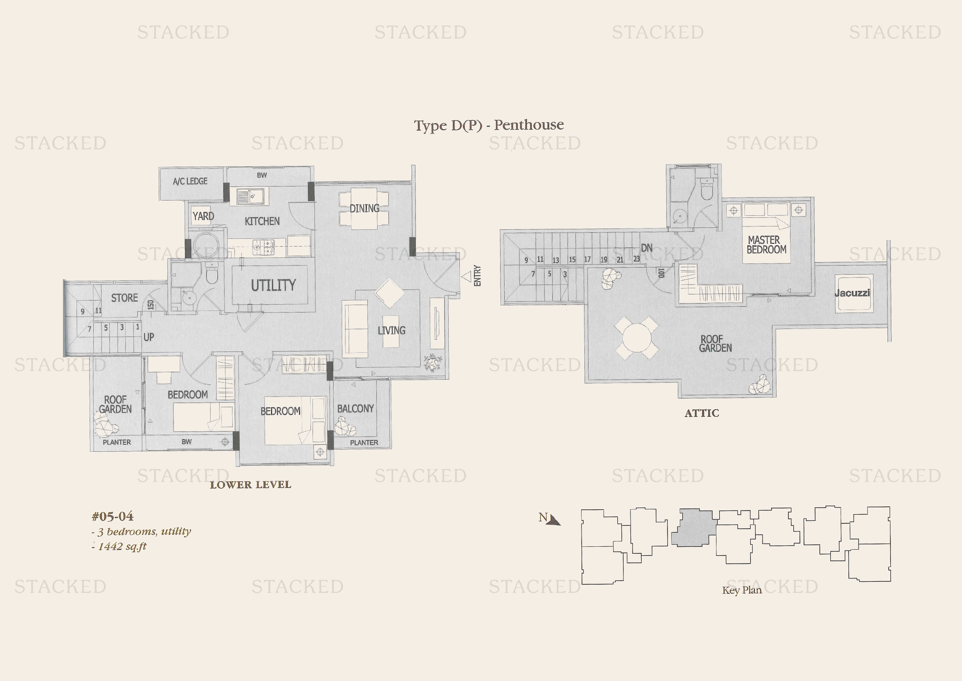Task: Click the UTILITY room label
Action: pyautogui.click(x=273, y=285)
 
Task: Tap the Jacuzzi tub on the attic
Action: pyautogui.click(x=853, y=293)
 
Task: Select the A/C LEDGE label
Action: pyautogui.click(x=190, y=181)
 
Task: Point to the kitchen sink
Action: pyautogui.click(x=250, y=196)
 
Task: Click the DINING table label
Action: pyautogui.click(x=364, y=208)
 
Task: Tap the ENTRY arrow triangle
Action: pyautogui.click(x=466, y=277)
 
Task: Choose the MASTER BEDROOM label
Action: pyautogui.click(x=766, y=245)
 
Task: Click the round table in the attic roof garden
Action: pyautogui.click(x=636, y=338)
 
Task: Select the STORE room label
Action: pyautogui.click(x=125, y=298)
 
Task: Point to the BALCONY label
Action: pyautogui.click(x=355, y=408)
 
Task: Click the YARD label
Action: pyautogui.click(x=203, y=216)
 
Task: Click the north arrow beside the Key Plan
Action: pyautogui.click(x=554, y=520)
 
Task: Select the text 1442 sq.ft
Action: pyautogui.click(x=122, y=546)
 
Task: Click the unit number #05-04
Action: pyautogui.click(x=113, y=516)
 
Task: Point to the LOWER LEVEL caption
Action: pyautogui.click(x=250, y=485)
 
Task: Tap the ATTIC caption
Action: pyautogui.click(x=702, y=413)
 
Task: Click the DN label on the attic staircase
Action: pyautogui.click(x=647, y=248)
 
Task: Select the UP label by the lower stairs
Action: pyautogui.click(x=149, y=337)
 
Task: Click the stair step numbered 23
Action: pyautogui.click(x=636, y=259)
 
